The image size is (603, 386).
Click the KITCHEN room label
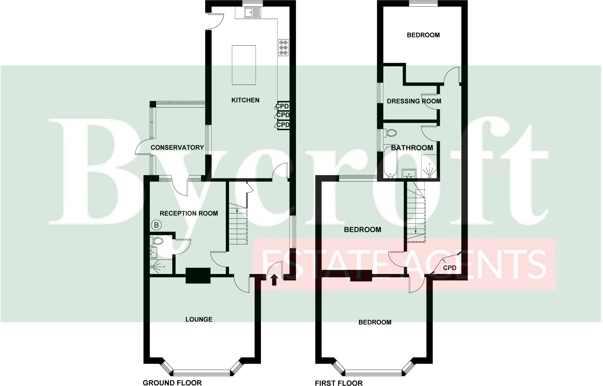245,100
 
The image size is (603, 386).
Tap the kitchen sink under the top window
252,13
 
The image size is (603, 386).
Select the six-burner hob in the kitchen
284,47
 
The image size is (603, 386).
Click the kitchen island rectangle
244,65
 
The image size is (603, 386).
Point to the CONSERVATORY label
177,147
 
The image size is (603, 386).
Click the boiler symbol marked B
157,225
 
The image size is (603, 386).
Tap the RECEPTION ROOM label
189,213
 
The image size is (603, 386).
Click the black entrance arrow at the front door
274,280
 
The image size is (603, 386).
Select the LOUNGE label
199,319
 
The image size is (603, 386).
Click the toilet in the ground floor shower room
157,241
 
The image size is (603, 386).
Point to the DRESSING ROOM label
414,101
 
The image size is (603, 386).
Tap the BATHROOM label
412,148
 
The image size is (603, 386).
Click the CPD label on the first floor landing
450,268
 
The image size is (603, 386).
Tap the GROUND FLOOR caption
172,382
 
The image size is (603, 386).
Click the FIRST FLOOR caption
339,383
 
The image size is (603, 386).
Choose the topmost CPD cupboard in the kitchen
282,106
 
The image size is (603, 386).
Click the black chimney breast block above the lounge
198,276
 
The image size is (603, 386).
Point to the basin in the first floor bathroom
409,173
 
